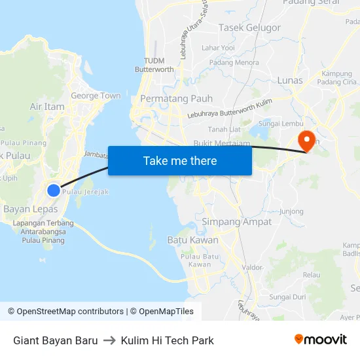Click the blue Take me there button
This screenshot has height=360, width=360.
[180, 160]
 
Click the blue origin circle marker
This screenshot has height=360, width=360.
[54, 190]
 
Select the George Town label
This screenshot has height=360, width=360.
[96, 96]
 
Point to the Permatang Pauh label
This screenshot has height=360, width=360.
[168, 99]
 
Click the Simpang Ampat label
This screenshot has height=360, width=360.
[237, 222]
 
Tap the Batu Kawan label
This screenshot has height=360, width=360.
[193, 240]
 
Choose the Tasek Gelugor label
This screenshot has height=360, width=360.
[249, 27]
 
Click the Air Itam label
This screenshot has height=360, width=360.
[47, 107]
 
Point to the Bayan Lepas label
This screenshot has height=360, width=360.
[31, 209]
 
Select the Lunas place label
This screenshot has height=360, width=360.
[290, 81]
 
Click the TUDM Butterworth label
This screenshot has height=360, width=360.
[154, 65]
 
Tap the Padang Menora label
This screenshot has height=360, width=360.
[234, 63]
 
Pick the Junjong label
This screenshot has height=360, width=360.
[291, 211]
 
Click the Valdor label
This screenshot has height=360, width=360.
[252, 267]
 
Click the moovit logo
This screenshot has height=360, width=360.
[321, 340]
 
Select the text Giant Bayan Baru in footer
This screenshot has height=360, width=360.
[56, 340]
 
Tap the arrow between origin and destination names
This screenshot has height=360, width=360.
[109, 340]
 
